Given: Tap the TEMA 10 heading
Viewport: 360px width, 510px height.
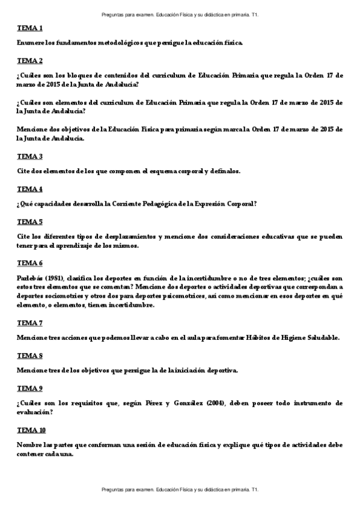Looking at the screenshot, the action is (x=31, y=430).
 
